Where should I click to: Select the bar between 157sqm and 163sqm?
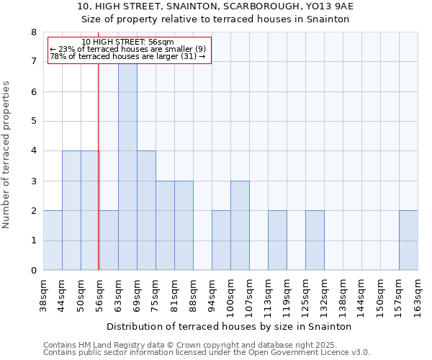(408, 240)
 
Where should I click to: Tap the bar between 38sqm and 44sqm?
(53, 240)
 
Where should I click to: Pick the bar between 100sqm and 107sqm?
(240, 225)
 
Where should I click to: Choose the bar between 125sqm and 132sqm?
(315, 240)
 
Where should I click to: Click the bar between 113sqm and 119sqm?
(277, 240)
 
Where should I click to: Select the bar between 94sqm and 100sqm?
(221, 240)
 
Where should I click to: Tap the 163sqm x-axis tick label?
(418, 294)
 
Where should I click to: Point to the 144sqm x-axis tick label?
(362, 294)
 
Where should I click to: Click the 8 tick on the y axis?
(33, 32)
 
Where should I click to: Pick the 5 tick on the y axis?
(33, 121)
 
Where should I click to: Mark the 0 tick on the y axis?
(33, 271)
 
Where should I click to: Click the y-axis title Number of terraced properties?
(7, 154)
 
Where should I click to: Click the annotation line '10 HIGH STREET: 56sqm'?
(128, 42)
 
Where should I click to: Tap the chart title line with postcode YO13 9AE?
(215, 6)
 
